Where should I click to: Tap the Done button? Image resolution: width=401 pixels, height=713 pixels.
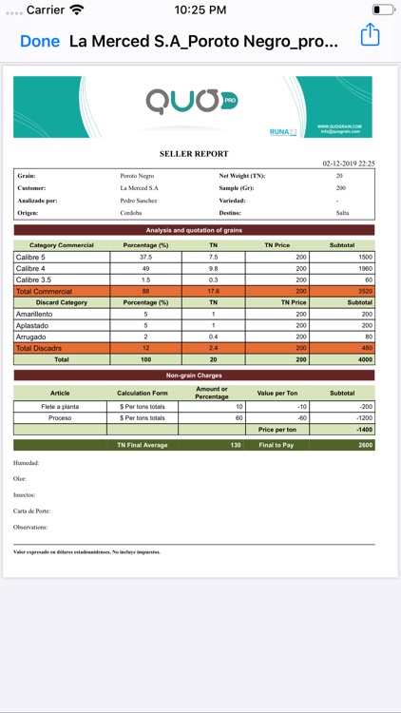39,41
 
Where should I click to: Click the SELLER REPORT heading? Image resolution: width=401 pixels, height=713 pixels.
193,153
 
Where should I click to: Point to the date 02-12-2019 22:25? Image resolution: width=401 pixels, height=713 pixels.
348,164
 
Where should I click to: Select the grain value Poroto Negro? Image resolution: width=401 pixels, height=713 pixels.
140,176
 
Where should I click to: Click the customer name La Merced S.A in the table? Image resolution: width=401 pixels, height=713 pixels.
139,188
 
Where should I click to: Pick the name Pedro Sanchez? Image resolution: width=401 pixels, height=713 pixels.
140,201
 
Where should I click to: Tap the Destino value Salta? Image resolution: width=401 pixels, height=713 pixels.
342,213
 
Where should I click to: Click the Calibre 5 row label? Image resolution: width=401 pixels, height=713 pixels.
31,257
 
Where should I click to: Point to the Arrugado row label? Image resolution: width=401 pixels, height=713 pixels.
32,337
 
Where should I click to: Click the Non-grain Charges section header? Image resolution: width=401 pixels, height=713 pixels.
194,376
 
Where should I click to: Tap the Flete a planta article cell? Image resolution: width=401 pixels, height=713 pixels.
60,406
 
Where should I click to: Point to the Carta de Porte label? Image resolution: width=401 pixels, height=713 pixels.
31,511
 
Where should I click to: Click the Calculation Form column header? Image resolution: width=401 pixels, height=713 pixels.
143,393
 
